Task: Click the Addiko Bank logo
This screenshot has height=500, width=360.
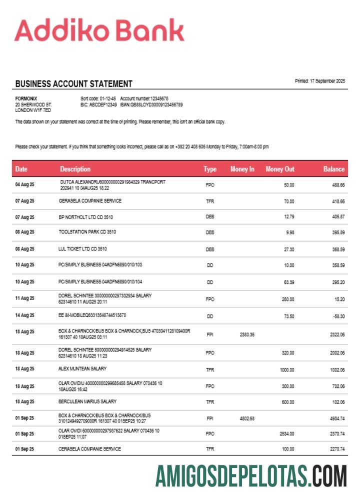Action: [x=99, y=31]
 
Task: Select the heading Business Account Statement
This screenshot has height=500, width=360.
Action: [x=73, y=83]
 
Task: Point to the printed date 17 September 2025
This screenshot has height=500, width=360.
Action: [x=320, y=81]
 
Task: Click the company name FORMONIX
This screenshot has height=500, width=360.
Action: [x=26, y=98]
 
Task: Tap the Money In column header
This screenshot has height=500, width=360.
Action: [x=242, y=169]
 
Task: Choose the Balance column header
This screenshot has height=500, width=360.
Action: [x=333, y=169]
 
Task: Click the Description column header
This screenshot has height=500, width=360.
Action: [x=75, y=169]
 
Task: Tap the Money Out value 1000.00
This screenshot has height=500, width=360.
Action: [x=286, y=369]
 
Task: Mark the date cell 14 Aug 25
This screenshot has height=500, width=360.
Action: [x=24, y=316]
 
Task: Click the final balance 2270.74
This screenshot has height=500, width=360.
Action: [x=335, y=449]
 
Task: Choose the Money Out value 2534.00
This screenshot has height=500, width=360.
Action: [x=286, y=434]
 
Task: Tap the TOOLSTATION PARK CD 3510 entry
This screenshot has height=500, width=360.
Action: [x=87, y=232]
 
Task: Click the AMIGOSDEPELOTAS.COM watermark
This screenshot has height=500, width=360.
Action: [x=250, y=475]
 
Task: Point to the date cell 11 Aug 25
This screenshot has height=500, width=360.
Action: [x=24, y=298]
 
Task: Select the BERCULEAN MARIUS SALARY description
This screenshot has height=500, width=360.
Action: [x=87, y=401]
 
